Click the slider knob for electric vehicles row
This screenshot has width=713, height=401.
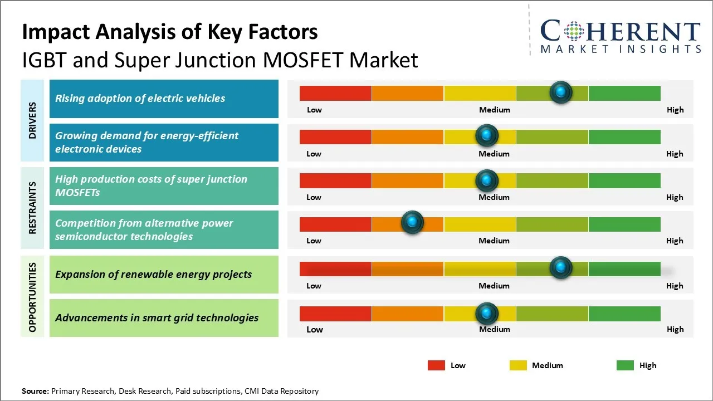(x=561, y=92)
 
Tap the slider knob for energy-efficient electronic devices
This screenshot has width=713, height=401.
(x=487, y=135)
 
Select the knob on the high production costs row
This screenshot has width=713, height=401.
(x=487, y=180)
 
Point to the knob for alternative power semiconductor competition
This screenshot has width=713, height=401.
(x=412, y=223)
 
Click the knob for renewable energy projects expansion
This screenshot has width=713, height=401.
(x=561, y=268)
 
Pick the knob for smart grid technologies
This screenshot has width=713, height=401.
(x=487, y=314)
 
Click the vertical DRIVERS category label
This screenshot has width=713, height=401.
(x=32, y=120)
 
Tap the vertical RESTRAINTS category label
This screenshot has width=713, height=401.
(x=32, y=208)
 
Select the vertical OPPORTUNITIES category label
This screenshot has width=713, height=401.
(x=32, y=297)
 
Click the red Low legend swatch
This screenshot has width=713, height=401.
(x=436, y=365)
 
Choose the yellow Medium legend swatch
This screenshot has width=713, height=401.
(x=518, y=365)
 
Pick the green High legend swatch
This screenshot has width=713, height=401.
(x=625, y=365)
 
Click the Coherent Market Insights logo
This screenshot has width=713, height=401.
(x=621, y=36)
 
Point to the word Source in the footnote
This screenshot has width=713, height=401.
(x=35, y=391)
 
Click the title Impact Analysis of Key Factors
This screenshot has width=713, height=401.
(x=170, y=32)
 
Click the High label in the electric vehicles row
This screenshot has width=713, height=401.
(x=675, y=110)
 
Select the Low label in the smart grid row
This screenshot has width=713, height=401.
(x=315, y=329)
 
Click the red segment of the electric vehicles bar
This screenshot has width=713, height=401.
(x=335, y=93)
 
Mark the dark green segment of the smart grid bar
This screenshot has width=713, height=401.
(x=624, y=314)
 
